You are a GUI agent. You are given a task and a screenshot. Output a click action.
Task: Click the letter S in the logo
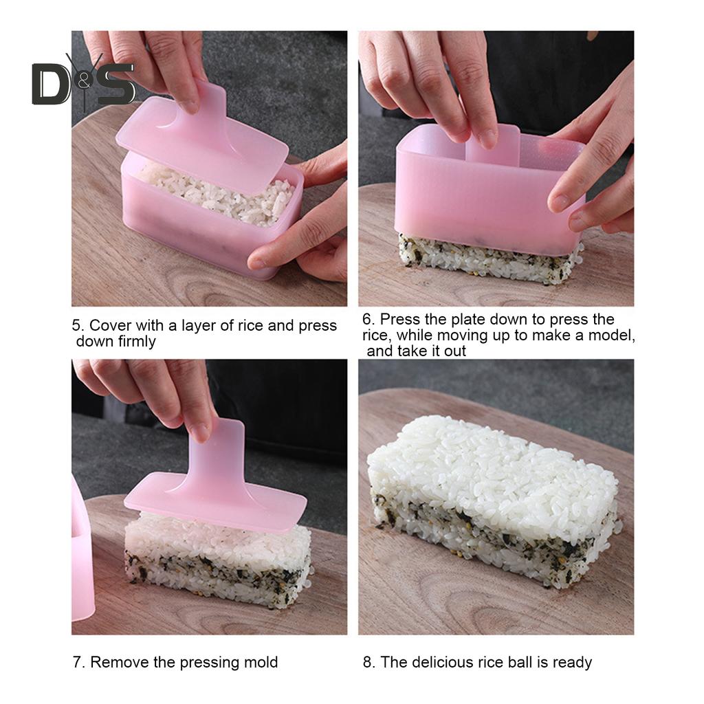115,85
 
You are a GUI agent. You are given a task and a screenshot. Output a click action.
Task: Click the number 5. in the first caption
78,325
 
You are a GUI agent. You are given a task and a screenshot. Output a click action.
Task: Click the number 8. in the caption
369,662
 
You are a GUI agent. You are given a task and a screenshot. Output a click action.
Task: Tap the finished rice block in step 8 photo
493,500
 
